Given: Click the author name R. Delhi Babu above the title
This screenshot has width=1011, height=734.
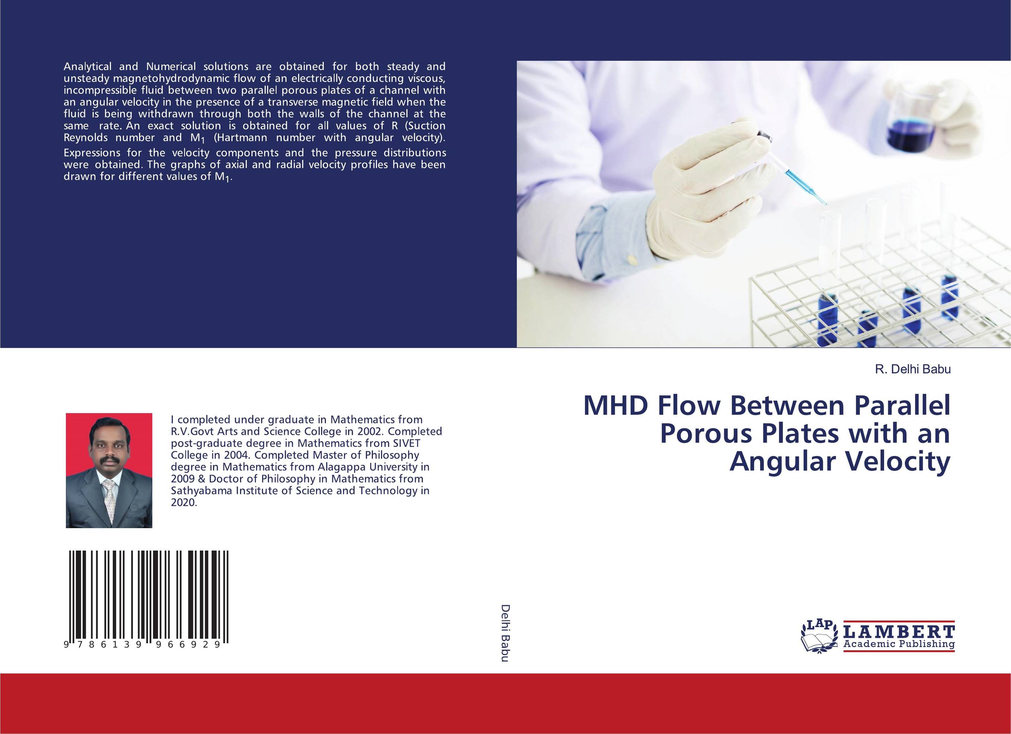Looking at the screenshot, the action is click(913, 369).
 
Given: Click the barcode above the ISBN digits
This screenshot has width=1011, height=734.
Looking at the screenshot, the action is click(149, 594).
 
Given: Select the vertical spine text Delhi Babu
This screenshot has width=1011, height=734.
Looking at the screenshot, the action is click(505, 633).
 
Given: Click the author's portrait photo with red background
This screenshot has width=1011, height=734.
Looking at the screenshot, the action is click(109, 470).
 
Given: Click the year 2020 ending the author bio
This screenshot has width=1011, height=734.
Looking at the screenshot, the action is click(184, 502).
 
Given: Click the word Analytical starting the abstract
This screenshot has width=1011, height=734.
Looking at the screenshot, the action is click(88, 67).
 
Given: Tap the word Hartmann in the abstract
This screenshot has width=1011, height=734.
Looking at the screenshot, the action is click(241, 138).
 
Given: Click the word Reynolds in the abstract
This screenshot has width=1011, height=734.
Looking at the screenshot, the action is click(86, 138).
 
